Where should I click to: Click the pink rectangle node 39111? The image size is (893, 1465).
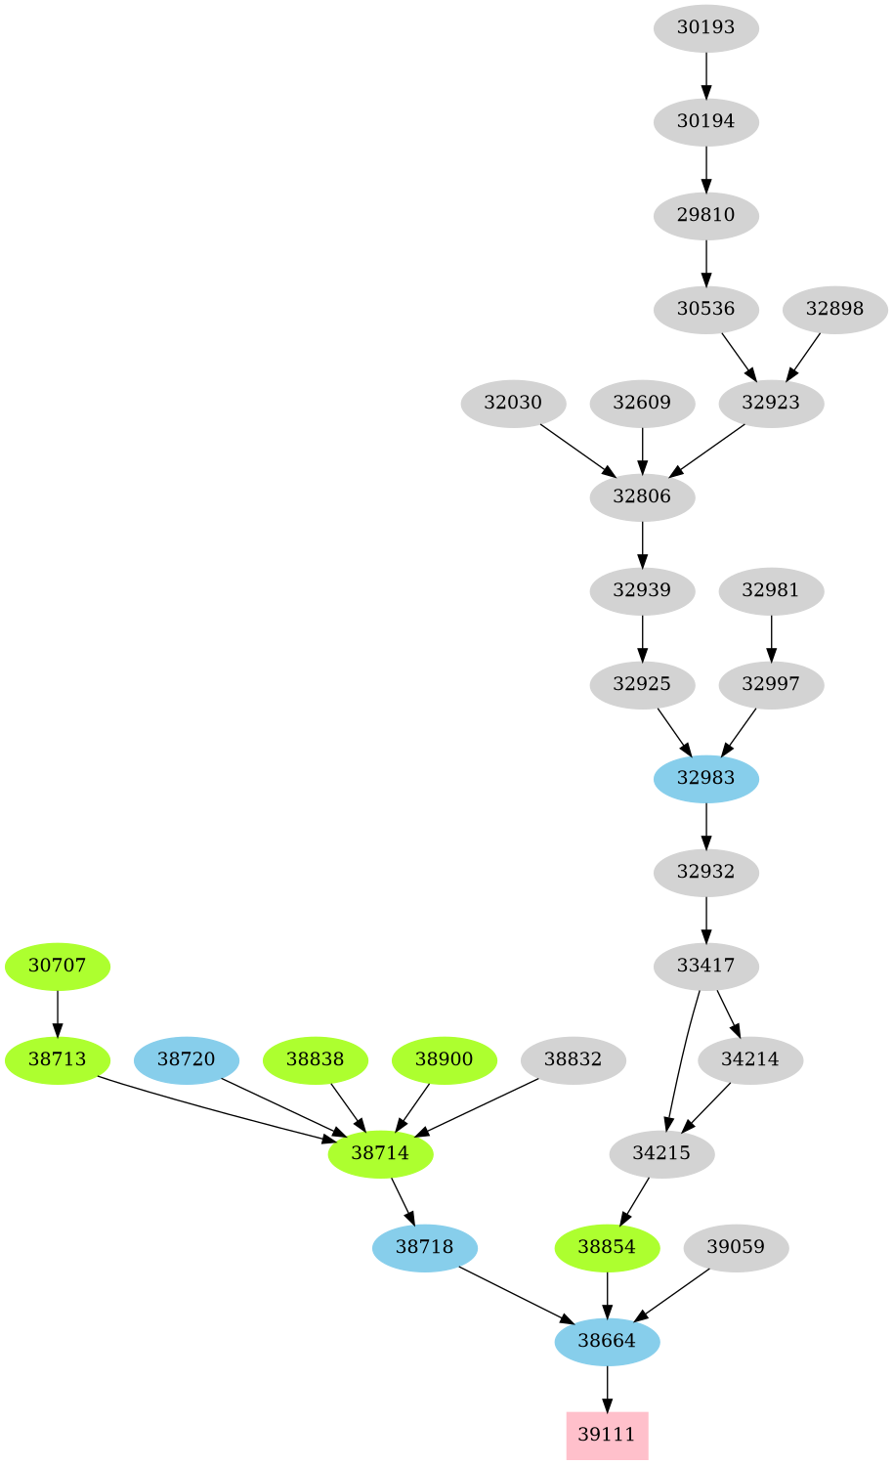tap(607, 1435)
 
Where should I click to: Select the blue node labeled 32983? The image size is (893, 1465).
tap(705, 778)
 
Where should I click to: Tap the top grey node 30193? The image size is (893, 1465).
tap(705, 27)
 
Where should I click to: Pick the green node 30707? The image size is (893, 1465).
tap(58, 966)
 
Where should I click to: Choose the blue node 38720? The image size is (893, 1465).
tap(186, 1059)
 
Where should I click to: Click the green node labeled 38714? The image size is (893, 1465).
tap(380, 1153)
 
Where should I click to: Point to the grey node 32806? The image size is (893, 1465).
tap(642, 496)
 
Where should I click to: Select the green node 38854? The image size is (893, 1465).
tap(607, 1247)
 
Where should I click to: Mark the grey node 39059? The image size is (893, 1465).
tap(736, 1247)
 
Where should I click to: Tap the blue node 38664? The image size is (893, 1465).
tap(607, 1341)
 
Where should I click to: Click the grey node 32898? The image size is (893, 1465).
tap(834, 309)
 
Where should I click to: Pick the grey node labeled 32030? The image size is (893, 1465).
tap(513, 403)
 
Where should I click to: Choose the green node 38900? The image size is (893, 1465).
tap(444, 1059)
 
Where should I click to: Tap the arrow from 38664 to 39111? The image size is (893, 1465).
tap(607, 1388)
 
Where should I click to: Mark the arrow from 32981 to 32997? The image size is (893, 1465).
tap(771, 637)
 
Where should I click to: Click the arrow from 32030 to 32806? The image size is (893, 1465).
tap(577, 450)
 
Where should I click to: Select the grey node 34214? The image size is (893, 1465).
tap(750, 1059)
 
